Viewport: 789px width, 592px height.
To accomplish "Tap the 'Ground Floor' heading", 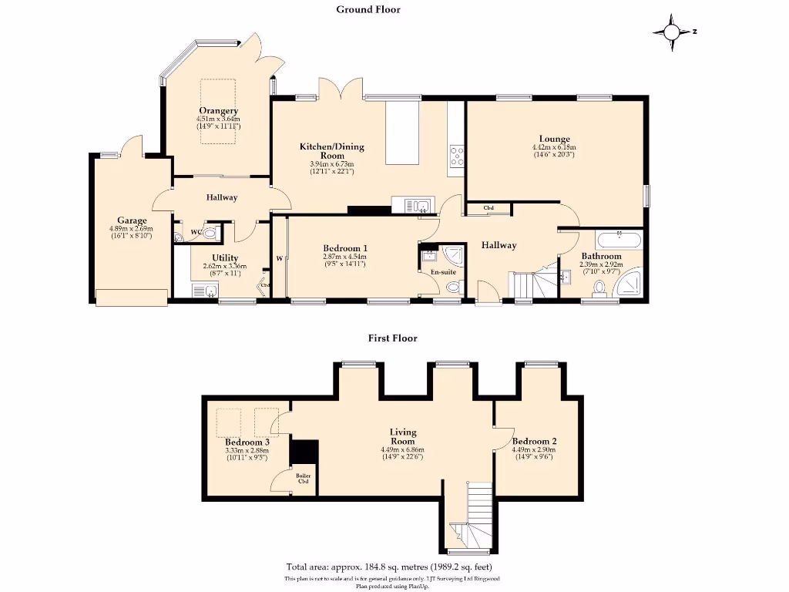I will click(368, 9).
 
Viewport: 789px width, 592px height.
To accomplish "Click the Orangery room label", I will click(218, 111).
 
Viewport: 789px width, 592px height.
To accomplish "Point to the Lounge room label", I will click(554, 140).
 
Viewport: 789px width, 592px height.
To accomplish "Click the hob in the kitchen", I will click(456, 156).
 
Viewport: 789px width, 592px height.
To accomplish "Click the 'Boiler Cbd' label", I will click(304, 479).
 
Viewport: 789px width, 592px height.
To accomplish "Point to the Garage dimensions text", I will click(131, 232).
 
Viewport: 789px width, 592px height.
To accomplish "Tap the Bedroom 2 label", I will click(534, 442).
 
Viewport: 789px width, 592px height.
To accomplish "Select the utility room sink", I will click(206, 291).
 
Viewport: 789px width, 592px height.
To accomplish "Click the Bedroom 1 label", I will click(344, 248).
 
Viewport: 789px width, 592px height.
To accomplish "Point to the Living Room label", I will click(403, 437).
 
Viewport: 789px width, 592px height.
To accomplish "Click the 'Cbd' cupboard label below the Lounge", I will click(489, 208).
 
